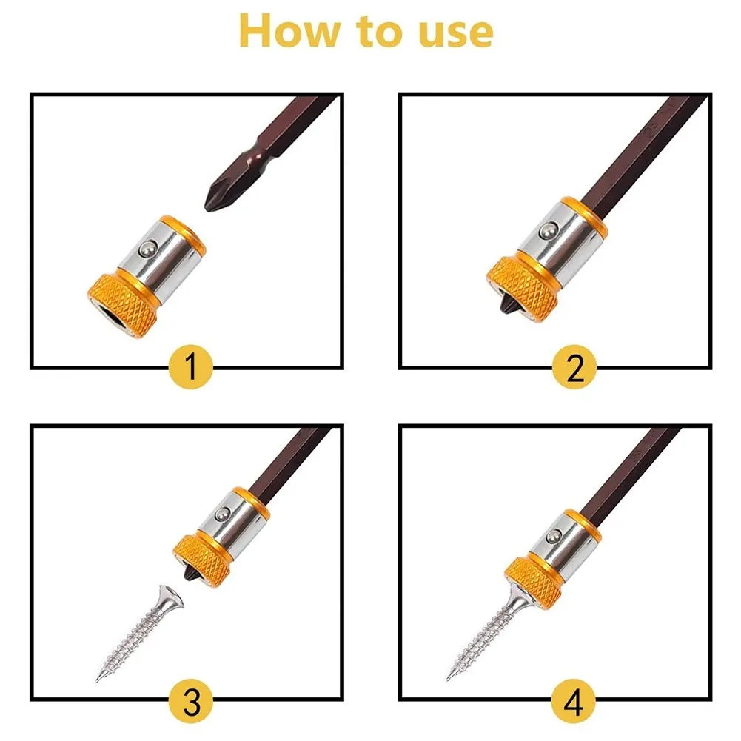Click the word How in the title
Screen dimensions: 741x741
coord(289,30)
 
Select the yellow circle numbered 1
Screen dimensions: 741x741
coord(191,366)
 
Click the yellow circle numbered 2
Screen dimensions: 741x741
coord(574,366)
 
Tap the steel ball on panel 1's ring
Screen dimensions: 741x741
coord(150,248)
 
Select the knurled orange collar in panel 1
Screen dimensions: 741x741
coord(122,305)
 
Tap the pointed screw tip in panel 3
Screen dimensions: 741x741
coord(98,680)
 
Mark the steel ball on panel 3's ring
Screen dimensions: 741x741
coord(221,514)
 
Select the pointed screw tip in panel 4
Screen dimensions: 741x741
coord(449,677)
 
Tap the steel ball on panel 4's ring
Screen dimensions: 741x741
coord(553,536)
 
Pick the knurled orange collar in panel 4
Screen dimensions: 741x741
coord(534,584)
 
